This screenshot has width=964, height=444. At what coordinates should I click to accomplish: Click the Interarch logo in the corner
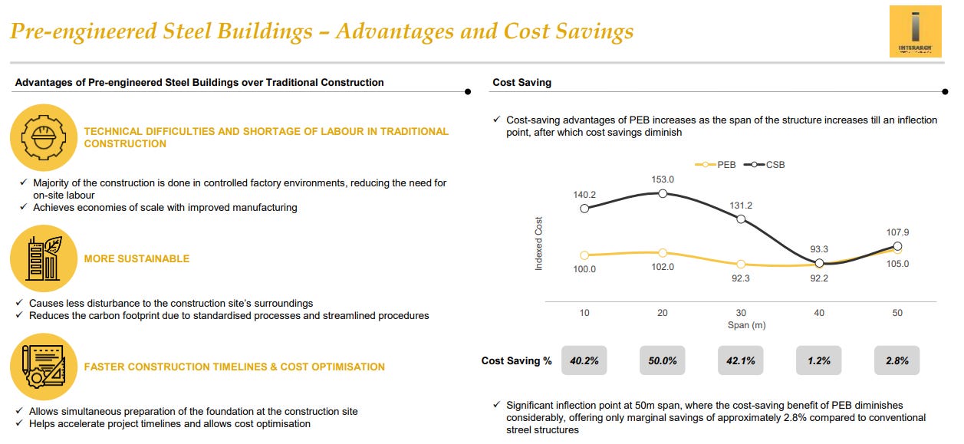915,31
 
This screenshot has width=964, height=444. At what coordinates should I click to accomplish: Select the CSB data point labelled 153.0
663,193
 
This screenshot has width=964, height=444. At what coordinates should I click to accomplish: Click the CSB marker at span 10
584,208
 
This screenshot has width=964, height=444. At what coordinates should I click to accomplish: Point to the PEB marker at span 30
741,264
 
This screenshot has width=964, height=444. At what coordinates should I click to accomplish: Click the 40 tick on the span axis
819,313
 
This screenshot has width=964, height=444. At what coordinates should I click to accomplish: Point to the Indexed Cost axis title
538,242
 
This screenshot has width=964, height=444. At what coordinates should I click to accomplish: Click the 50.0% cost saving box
663,360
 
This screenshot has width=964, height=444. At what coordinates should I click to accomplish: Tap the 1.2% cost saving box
819,360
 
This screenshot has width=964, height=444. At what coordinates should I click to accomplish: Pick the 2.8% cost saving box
897,360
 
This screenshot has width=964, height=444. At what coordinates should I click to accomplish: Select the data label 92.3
741,278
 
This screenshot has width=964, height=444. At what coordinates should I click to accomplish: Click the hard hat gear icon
43,137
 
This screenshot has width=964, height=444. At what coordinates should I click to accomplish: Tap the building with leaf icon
43,258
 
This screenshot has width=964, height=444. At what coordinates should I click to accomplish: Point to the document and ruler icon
43,367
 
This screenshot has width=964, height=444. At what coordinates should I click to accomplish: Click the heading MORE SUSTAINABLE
137,259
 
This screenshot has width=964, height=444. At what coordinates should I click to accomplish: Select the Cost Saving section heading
521,83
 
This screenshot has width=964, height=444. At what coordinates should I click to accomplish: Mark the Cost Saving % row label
516,360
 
